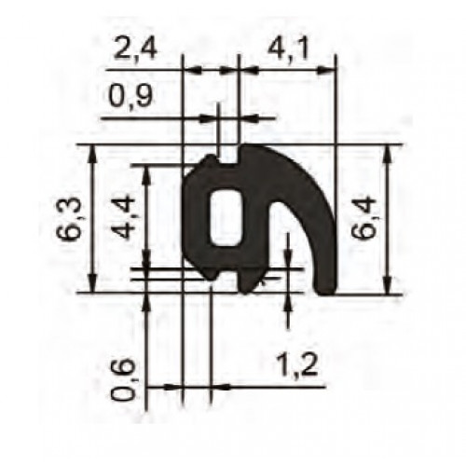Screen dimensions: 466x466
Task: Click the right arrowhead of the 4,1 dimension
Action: coord(328,69)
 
